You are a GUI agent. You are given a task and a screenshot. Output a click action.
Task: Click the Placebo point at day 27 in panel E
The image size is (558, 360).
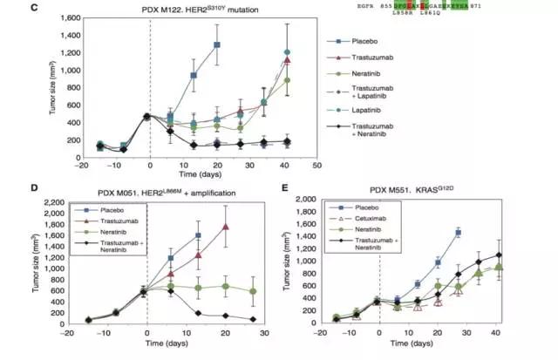[x=458, y=233]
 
